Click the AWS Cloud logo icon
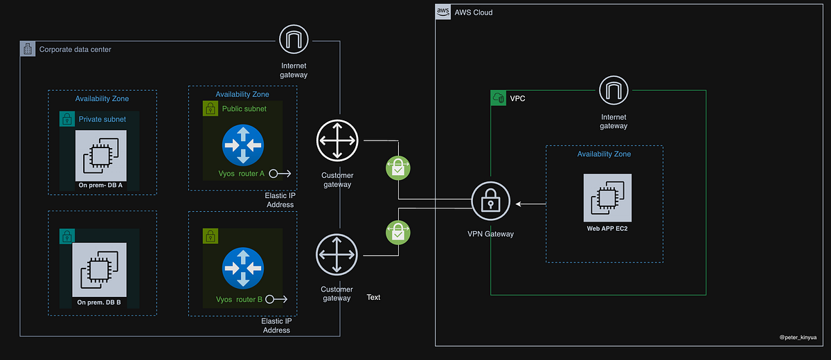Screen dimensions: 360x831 click(x=443, y=12)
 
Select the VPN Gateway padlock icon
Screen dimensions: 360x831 click(x=490, y=202)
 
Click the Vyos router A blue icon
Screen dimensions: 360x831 click(x=243, y=145)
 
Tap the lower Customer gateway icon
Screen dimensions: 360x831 click(x=337, y=254)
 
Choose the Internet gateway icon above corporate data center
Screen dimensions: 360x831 click(x=294, y=40)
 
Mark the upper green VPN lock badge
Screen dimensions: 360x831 click(x=398, y=168)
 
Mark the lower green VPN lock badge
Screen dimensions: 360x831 click(x=398, y=231)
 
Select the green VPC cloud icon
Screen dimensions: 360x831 click(x=498, y=98)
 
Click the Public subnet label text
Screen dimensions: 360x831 click(x=244, y=109)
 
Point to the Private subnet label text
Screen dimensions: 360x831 click(x=102, y=119)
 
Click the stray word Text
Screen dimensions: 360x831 click(x=373, y=297)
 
